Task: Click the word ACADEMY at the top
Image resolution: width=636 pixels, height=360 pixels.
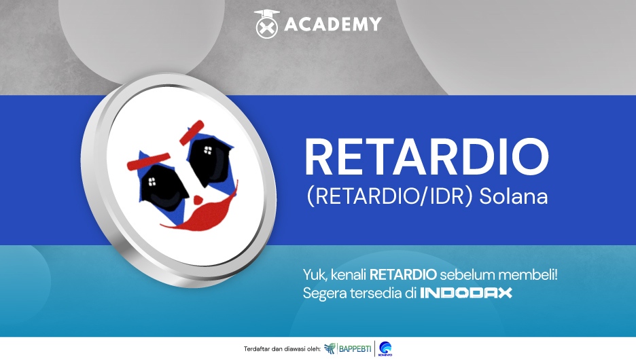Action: [332, 24]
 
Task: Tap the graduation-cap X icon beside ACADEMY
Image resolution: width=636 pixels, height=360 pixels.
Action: [267, 24]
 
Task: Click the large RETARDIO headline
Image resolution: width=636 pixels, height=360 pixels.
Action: [427, 156]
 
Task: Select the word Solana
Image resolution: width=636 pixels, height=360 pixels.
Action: [514, 196]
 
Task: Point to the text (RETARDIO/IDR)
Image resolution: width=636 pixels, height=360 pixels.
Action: [390, 196]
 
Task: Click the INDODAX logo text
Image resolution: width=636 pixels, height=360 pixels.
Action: [466, 293]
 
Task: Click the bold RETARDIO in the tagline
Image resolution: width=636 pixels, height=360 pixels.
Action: [403, 275]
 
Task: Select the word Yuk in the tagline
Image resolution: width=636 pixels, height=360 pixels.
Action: [315, 275]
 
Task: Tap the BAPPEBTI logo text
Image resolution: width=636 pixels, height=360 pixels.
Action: [355, 348]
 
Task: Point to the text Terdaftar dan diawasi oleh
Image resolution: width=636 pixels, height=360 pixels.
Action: [281, 349]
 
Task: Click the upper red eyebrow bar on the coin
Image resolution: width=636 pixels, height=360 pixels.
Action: [192, 132]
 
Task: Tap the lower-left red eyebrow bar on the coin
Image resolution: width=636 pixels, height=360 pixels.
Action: [148, 161]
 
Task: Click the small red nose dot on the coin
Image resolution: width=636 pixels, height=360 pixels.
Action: [198, 200]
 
